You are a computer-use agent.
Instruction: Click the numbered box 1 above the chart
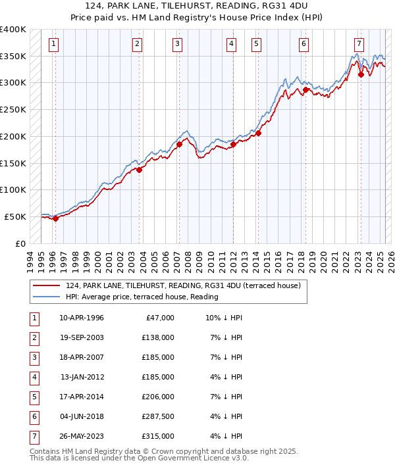pyautogui.click(x=53, y=44)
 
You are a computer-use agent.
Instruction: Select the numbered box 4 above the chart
pyautogui.click(x=232, y=44)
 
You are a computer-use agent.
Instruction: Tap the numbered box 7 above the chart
pyautogui.click(x=358, y=44)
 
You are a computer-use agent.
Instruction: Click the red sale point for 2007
pyautogui.click(x=179, y=144)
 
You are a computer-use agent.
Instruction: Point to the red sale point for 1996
pyautogui.click(x=55, y=218)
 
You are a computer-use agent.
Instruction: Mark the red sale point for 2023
pyautogui.click(x=361, y=75)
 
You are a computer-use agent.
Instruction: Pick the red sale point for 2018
pyautogui.click(x=305, y=89)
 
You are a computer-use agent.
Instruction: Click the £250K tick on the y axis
pyautogui.click(x=13, y=110)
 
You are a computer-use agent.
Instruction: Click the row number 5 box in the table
pyautogui.click(x=33, y=397)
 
